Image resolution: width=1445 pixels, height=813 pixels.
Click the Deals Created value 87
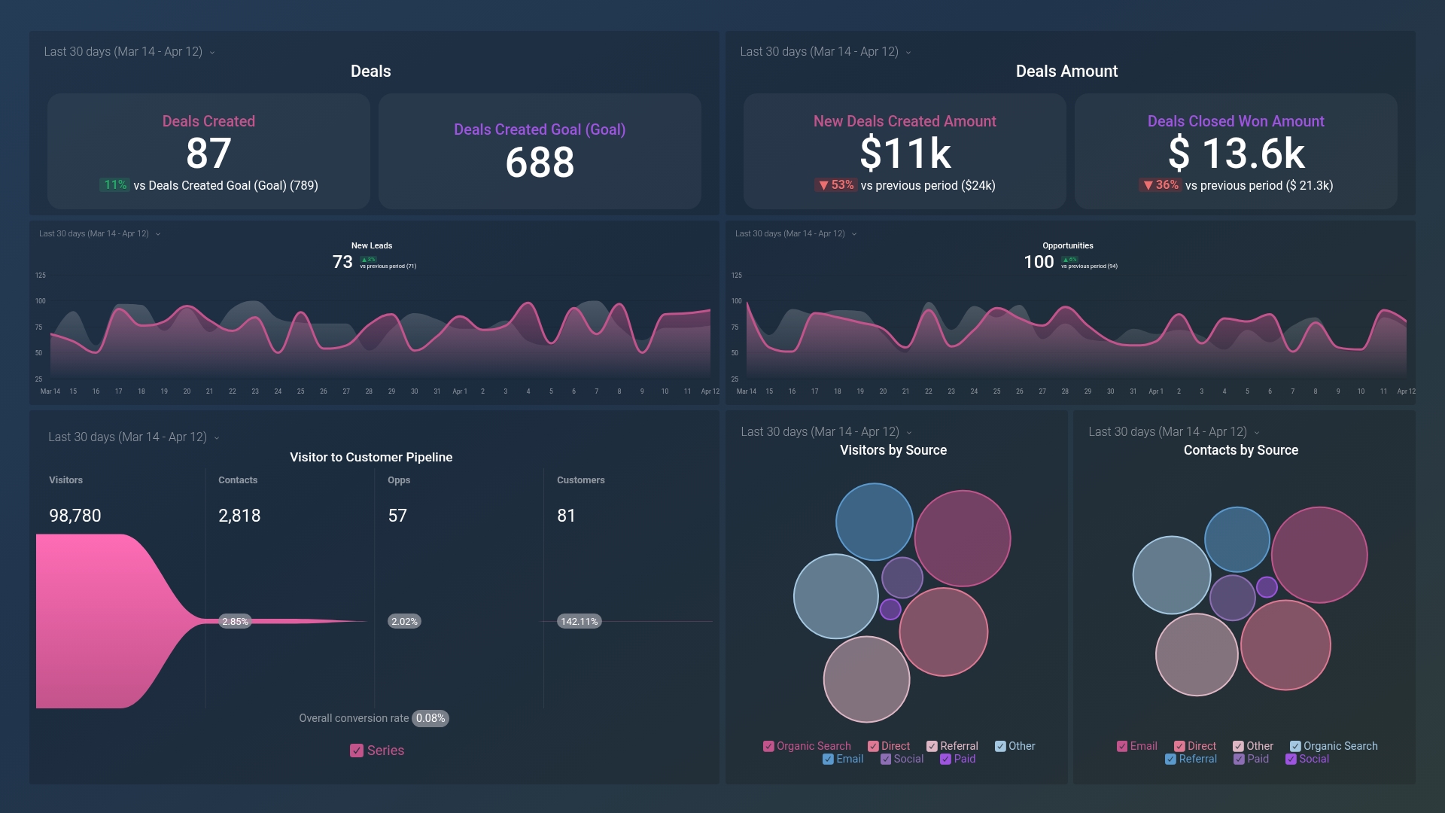(208, 154)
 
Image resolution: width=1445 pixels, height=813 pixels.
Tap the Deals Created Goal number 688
(540, 163)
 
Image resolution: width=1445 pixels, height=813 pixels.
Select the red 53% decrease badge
(835, 185)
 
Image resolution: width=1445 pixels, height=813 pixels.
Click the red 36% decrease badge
(1160, 185)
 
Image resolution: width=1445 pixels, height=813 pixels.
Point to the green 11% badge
(114, 185)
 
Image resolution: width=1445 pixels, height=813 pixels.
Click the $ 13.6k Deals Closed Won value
(1236, 154)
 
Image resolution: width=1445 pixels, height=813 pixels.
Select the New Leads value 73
(342, 262)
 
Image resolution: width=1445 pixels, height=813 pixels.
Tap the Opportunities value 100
(1038, 262)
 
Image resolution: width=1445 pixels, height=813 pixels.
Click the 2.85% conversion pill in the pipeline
(235, 622)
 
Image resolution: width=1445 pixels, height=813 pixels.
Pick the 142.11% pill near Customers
(579, 622)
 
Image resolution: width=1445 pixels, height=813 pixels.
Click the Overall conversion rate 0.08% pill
(430, 718)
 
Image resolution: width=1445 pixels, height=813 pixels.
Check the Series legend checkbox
(357, 751)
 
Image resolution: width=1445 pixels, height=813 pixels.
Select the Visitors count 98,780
(75, 516)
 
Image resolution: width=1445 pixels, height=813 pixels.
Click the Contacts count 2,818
(239, 516)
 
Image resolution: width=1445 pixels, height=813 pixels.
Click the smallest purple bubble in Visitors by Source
(890, 609)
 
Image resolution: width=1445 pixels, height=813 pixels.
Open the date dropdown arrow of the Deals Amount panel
(908, 53)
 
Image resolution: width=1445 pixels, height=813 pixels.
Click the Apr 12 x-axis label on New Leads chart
(710, 391)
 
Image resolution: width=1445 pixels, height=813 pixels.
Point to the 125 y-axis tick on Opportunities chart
(736, 276)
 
